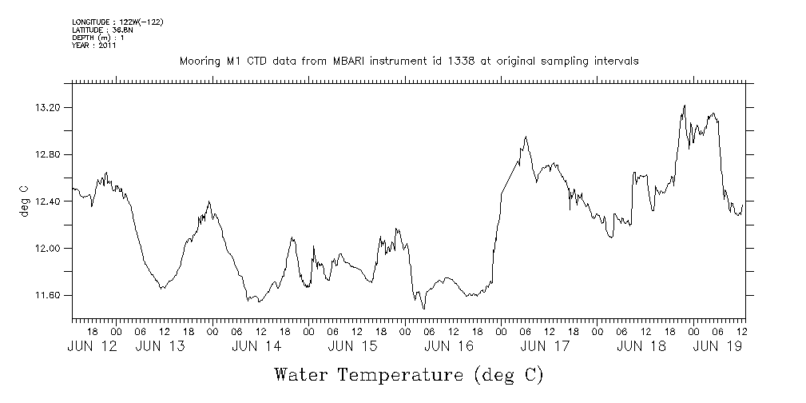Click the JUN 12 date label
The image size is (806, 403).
(93, 346)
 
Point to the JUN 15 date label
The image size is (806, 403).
(352, 346)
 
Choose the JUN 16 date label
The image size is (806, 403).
(449, 346)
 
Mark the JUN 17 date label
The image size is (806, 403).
(545, 346)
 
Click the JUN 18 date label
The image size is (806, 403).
(641, 346)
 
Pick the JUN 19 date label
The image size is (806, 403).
(717, 346)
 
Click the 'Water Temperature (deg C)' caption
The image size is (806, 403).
(409, 374)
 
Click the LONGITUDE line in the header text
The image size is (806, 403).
(117, 22)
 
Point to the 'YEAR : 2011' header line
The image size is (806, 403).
(94, 46)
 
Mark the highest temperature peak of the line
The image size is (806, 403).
(685, 105)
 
